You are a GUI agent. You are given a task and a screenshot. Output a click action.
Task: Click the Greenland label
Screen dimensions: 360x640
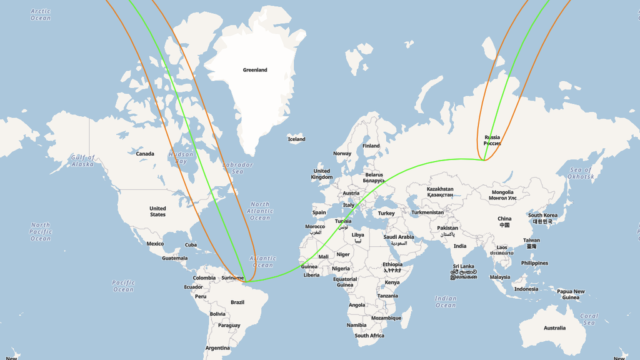[x=255, y=70]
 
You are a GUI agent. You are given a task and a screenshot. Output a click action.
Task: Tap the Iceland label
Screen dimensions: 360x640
[x=296, y=139]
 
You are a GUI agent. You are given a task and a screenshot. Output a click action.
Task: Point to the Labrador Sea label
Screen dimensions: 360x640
[x=237, y=167]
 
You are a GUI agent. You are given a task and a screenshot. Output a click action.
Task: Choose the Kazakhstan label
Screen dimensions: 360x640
[x=439, y=191]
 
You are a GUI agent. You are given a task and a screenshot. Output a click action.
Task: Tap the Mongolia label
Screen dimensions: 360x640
[x=502, y=195]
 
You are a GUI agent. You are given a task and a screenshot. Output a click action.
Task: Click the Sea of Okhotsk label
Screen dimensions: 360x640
[x=581, y=173]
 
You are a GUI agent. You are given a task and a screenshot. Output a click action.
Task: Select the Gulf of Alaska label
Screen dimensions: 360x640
[x=82, y=161]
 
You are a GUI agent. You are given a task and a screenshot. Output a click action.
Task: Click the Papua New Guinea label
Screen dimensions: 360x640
[x=571, y=294]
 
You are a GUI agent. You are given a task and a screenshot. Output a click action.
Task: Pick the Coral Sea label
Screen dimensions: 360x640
[x=589, y=319]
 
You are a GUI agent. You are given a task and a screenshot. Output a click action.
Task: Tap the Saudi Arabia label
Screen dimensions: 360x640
[x=398, y=239]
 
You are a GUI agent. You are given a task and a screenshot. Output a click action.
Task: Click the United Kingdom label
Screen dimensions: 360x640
[x=322, y=174]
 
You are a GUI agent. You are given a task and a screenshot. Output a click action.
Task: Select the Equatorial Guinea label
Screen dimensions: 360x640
[x=345, y=282]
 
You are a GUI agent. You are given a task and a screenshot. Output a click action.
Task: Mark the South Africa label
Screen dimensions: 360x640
[x=369, y=336]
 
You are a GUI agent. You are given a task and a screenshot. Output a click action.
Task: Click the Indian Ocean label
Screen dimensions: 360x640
[x=446, y=302]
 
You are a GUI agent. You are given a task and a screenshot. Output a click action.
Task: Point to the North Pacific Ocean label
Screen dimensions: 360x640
[x=41, y=231]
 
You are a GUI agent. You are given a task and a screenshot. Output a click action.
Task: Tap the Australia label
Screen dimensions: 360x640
[x=554, y=328]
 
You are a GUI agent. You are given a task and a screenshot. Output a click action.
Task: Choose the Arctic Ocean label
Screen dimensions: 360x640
[x=41, y=14]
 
